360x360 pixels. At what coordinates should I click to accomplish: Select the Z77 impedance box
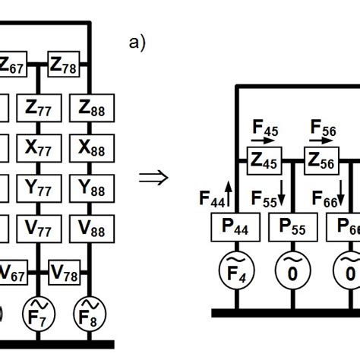[x=39, y=108]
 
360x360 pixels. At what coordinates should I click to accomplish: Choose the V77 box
[x=39, y=226]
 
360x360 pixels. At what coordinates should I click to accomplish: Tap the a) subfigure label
[x=137, y=43]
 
